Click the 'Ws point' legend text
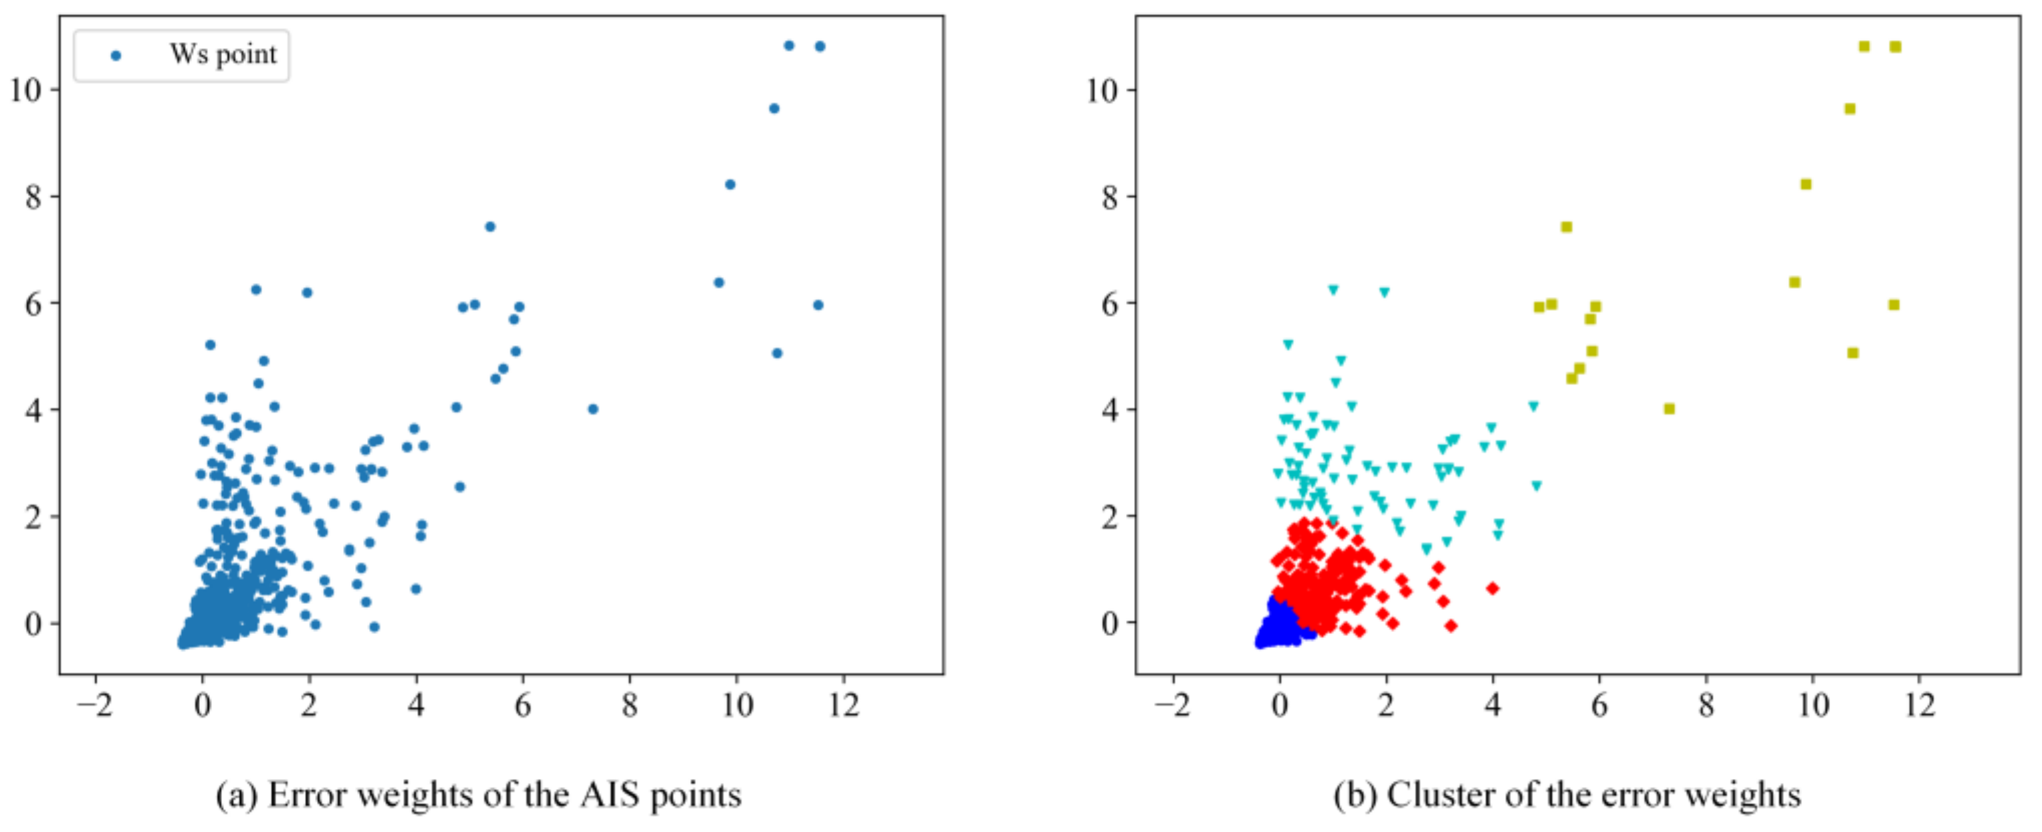[223, 55]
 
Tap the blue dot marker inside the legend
[116, 56]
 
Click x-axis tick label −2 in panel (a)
[95, 705]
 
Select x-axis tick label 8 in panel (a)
[629, 705]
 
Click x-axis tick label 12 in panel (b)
[1919, 705]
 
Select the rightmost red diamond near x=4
[1492, 589]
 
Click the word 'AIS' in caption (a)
[610, 795]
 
